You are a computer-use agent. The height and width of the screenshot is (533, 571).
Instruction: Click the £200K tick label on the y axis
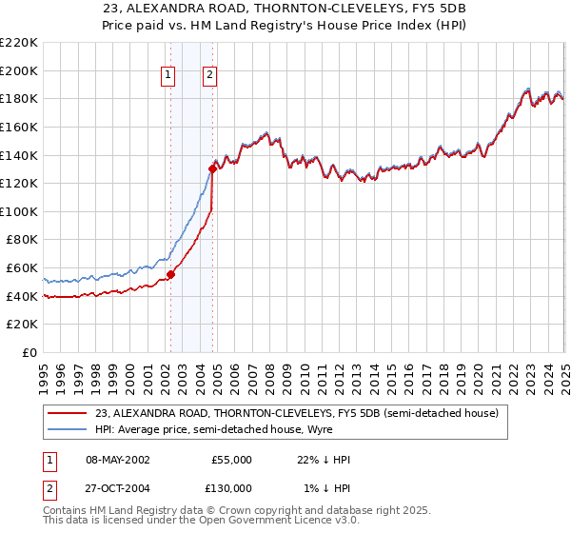20,70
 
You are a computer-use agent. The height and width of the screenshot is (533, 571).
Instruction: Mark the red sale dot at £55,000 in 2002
171,275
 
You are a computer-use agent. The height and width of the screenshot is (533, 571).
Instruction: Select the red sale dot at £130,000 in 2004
213,168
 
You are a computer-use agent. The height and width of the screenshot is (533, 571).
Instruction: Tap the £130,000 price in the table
231,487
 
